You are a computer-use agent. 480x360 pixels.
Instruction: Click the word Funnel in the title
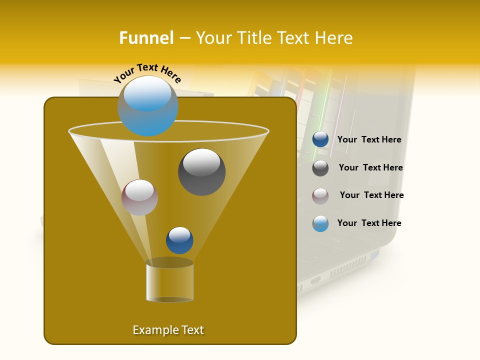point(146,38)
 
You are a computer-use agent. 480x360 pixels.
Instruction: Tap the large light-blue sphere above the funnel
point(148,106)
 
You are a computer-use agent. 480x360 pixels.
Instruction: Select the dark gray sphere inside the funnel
point(202,172)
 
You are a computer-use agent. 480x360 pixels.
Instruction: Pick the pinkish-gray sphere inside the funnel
point(140,197)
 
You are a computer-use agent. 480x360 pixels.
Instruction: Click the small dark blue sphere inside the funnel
point(179,240)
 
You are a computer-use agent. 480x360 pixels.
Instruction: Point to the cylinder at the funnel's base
point(170,282)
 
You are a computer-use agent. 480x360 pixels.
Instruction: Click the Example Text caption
point(168,330)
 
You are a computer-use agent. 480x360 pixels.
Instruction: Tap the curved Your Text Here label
point(147,73)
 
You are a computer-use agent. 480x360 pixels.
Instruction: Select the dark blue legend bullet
point(320,139)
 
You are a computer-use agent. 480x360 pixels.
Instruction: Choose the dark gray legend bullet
point(320,168)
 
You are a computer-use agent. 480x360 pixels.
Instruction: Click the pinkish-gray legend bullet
point(320,196)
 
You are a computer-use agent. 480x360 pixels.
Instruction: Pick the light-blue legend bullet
point(320,223)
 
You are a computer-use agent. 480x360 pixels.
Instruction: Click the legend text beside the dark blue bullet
point(369,140)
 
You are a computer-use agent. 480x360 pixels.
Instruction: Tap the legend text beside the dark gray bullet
point(370,168)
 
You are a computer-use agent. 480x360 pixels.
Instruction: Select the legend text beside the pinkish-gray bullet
point(371,195)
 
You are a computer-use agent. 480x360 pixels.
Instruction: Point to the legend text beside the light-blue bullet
point(369,223)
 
